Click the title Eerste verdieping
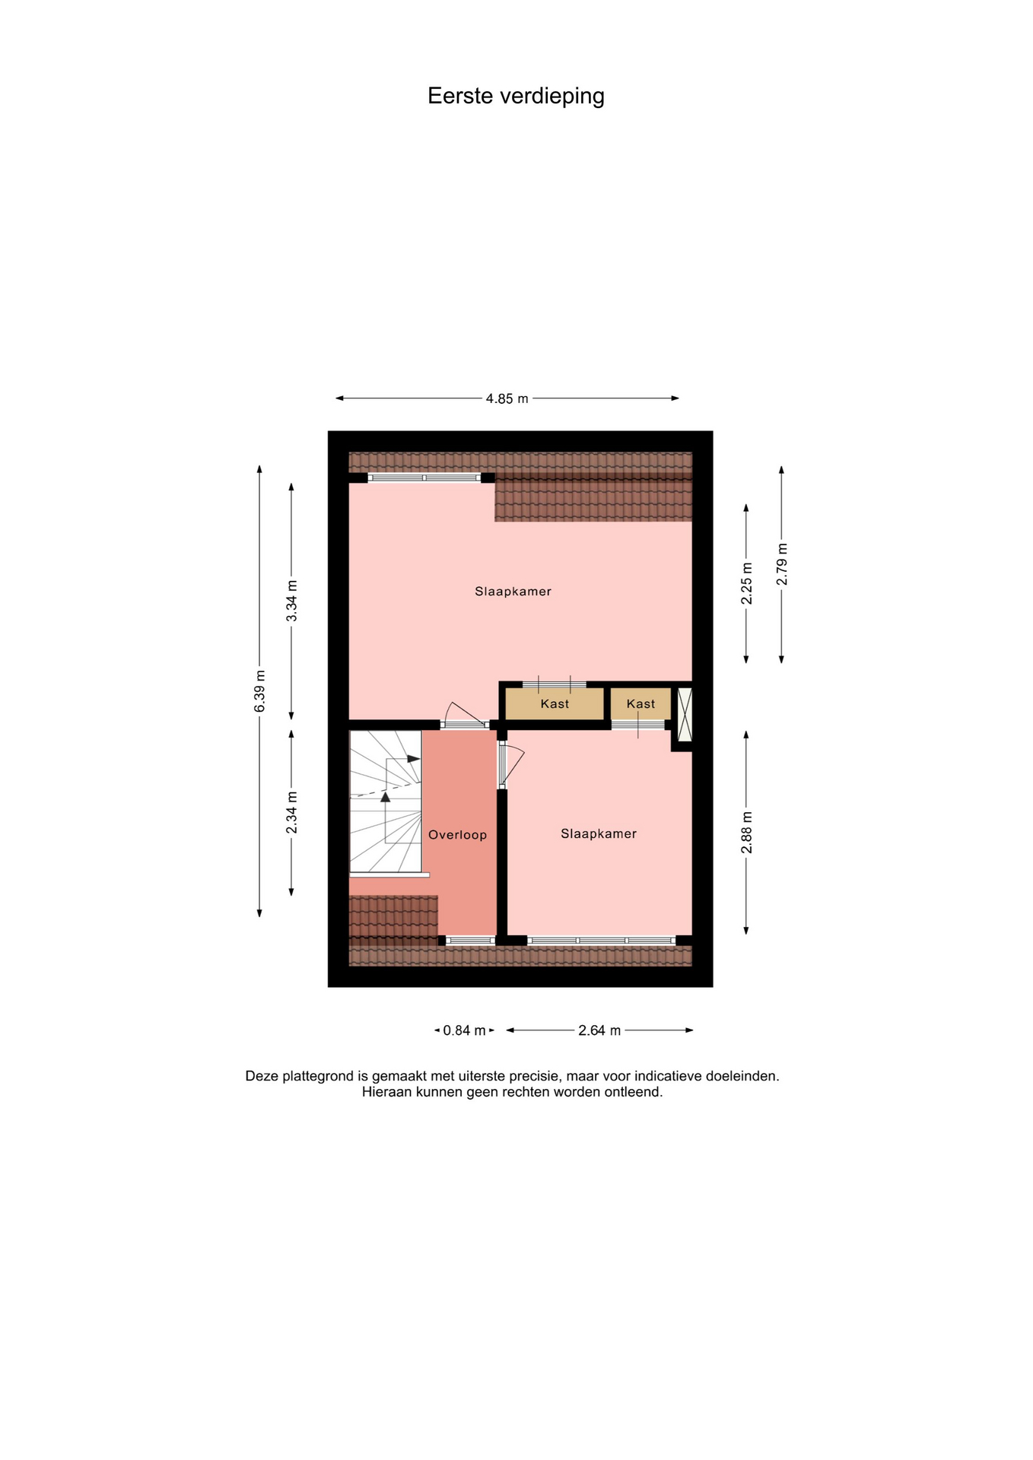(516, 97)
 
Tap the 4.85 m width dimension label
(507, 398)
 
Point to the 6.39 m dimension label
(260, 691)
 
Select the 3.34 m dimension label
(292, 600)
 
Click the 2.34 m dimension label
(292, 812)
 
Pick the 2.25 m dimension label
(746, 583)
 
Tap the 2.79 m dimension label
(781, 564)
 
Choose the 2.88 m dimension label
(746, 832)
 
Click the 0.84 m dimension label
(464, 1030)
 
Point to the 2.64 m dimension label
(599, 1030)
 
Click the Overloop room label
(457, 835)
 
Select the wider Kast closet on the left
(555, 703)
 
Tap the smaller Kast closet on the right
(640, 703)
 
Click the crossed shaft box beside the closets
(685, 714)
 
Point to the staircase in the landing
(386, 802)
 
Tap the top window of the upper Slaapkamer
(424, 478)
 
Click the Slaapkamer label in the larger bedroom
(513, 592)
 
